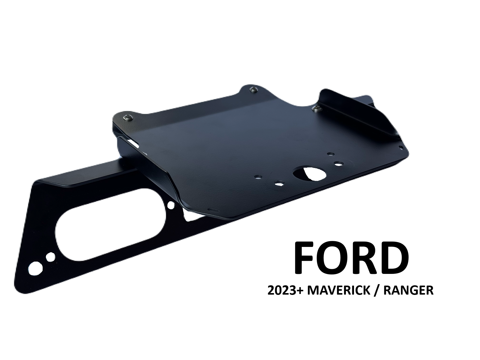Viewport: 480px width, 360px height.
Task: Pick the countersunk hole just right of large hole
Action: click(x=339, y=163)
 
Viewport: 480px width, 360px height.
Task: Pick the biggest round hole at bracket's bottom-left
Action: click(x=35, y=267)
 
